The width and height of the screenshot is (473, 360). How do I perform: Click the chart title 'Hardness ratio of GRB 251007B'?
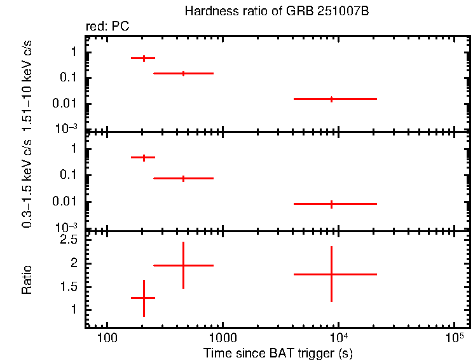(277, 11)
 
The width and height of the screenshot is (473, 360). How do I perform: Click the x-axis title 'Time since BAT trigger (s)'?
(278, 352)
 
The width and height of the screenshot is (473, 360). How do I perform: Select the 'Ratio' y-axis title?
(27, 280)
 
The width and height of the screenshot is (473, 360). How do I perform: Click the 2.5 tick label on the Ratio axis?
(69, 240)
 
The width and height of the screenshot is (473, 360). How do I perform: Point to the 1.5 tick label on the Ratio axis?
(69, 287)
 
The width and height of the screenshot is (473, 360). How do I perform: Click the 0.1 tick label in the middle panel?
(69, 176)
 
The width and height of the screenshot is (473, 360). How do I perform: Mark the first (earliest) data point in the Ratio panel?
(144, 298)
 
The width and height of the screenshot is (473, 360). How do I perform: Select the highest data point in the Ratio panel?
(183, 265)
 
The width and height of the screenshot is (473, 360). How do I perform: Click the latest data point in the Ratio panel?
(331, 274)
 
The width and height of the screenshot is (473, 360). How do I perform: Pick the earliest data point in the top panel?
(144, 58)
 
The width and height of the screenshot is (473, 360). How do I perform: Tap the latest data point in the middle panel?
(331, 204)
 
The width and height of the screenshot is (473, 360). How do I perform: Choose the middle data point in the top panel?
(183, 74)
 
